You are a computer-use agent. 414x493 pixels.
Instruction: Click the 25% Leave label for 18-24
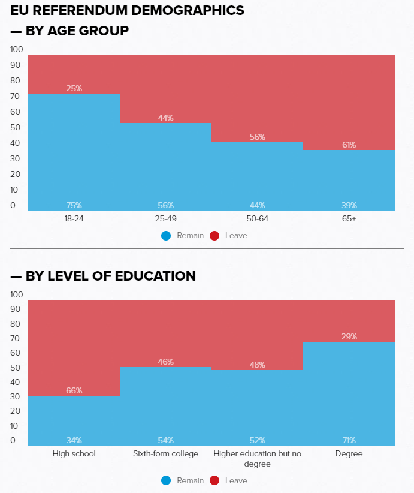coord(74,88)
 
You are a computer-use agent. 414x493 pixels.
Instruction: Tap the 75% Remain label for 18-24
coord(74,205)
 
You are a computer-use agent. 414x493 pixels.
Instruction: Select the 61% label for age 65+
coord(349,145)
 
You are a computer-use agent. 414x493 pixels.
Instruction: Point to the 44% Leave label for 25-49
coord(166,118)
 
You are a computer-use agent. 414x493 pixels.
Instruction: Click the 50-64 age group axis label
coord(257,219)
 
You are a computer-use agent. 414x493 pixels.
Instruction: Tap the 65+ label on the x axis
coord(349,219)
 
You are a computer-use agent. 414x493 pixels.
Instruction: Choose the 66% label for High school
coord(74,390)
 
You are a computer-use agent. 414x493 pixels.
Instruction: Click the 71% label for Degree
coord(349,440)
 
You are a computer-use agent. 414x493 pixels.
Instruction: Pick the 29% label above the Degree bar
coord(349,336)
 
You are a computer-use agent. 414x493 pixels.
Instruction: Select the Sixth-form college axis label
coord(166,454)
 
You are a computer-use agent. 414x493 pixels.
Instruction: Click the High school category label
coord(74,454)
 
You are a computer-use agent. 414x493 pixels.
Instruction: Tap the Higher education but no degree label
coord(257,459)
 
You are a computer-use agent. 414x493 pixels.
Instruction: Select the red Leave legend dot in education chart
coord(214,480)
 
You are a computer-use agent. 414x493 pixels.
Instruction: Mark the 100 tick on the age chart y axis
coord(17,49)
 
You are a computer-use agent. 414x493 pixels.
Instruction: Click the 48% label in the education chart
coord(257,365)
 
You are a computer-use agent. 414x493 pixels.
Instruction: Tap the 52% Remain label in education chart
coord(257,440)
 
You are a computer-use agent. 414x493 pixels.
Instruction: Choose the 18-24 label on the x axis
coord(74,219)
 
